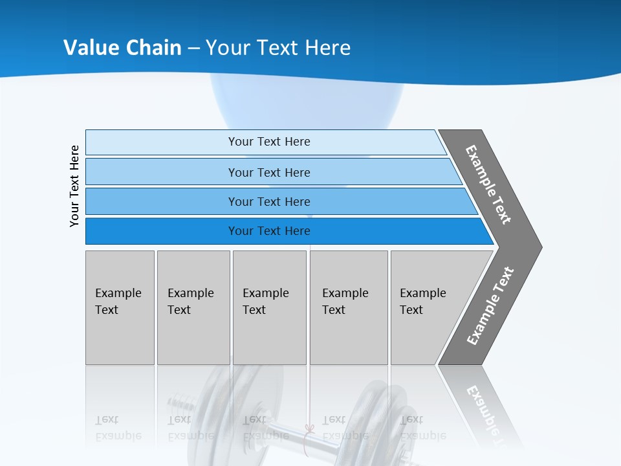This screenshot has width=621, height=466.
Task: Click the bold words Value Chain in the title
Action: point(122,48)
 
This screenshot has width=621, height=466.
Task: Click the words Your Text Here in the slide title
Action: point(278,48)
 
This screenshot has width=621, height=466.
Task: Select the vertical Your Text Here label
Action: point(74,186)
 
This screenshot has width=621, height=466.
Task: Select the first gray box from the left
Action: point(120,307)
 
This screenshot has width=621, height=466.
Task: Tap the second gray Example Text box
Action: point(193,307)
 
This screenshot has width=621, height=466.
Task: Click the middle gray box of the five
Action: point(269,307)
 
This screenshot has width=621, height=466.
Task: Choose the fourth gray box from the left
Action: point(348,307)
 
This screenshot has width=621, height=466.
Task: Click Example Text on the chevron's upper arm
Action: point(488,184)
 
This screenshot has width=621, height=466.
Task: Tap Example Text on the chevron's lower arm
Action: point(490,305)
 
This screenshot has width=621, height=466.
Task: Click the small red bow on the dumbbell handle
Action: point(309,430)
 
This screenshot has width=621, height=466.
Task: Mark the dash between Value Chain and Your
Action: point(193,49)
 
